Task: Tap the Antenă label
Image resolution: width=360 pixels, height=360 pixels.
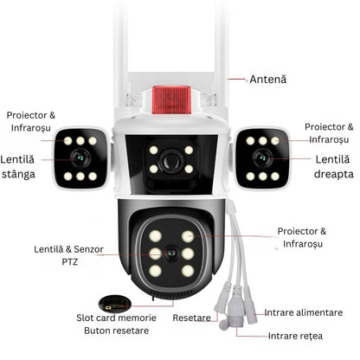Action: click(x=268, y=80)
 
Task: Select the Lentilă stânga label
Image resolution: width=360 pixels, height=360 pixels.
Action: click(x=18, y=167)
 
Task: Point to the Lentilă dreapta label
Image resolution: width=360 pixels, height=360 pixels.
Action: click(x=333, y=167)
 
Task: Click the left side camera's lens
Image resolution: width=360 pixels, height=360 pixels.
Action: click(x=80, y=157)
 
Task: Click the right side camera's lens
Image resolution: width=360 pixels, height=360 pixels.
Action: click(x=262, y=157)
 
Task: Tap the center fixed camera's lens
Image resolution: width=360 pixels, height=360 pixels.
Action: click(x=171, y=160)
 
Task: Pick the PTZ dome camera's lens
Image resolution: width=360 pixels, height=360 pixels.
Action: click(x=171, y=254)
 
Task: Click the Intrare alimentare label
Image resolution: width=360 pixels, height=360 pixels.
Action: click(x=304, y=312)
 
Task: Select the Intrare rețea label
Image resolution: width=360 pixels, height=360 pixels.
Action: click(x=295, y=336)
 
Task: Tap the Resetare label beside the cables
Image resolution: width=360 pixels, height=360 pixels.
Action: click(x=191, y=318)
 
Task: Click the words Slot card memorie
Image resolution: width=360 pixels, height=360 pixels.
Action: click(x=116, y=318)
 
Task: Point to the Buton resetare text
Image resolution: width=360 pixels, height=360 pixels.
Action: click(x=116, y=331)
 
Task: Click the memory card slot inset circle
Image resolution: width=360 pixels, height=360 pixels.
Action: click(x=115, y=304)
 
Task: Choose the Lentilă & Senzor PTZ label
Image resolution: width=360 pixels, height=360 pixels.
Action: click(x=68, y=255)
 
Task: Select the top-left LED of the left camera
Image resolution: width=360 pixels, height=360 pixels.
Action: click(x=68, y=141)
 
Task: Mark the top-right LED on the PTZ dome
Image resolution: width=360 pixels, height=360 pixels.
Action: click(x=188, y=236)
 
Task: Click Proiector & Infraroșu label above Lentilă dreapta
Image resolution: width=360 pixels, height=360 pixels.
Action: click(x=329, y=133)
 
